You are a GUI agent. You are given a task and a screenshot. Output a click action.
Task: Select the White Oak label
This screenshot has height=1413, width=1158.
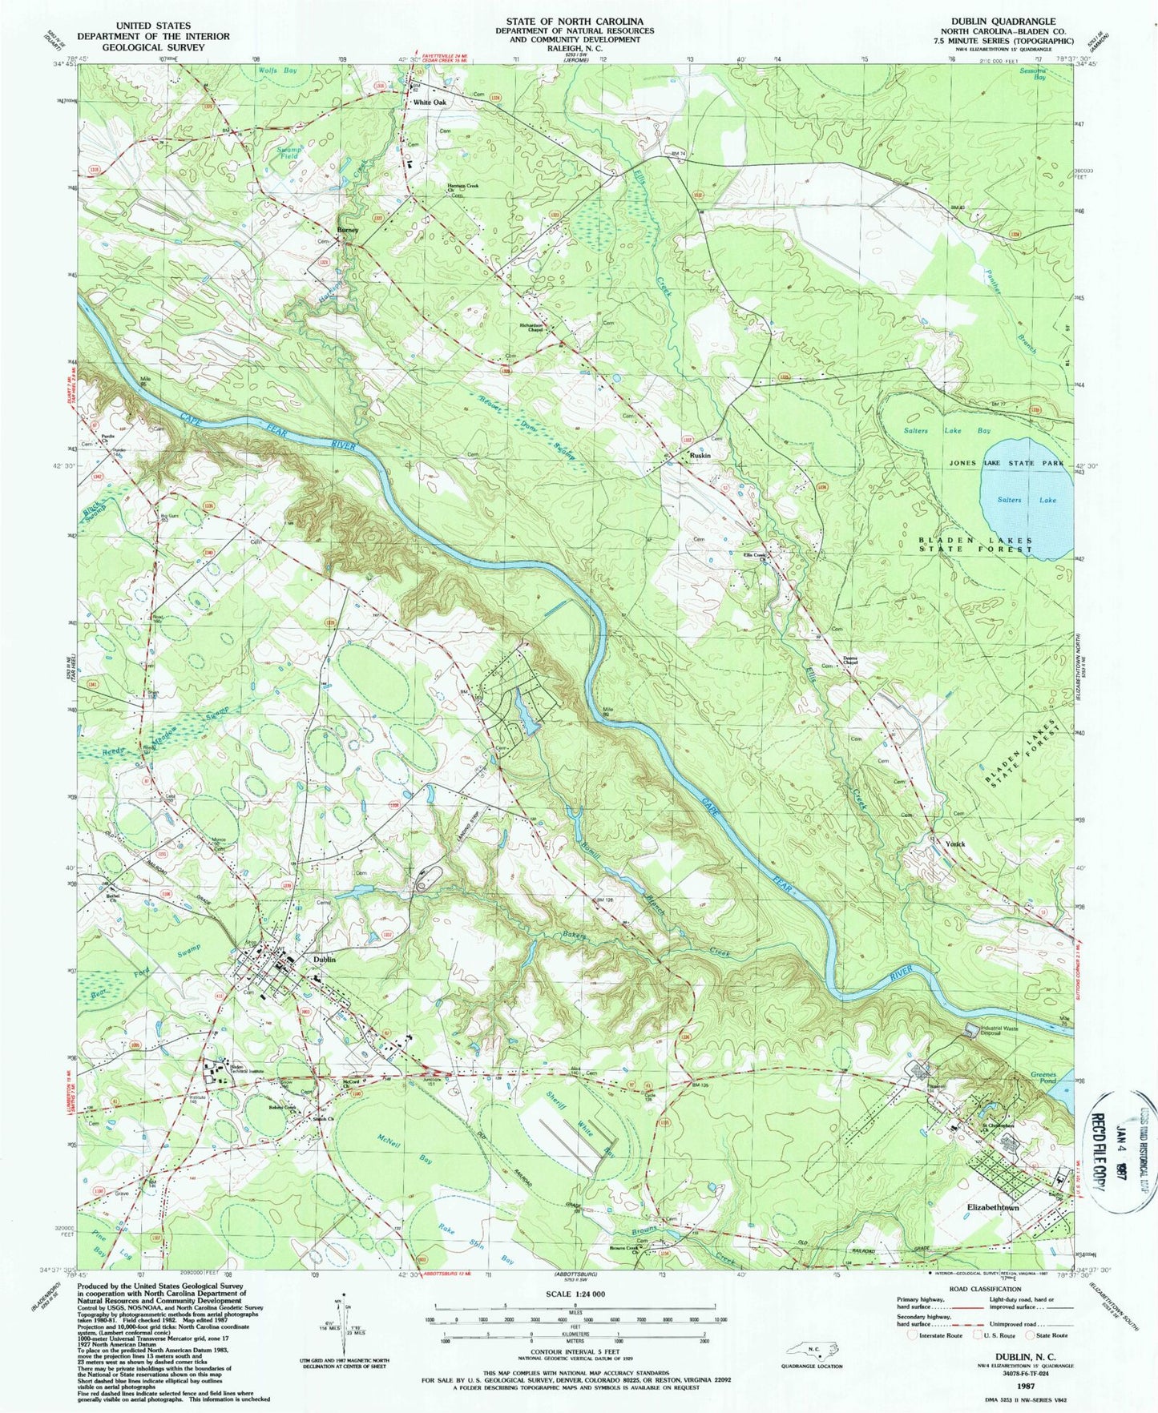(430, 103)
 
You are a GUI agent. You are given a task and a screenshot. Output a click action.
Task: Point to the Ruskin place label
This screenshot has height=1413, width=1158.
(700, 455)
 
